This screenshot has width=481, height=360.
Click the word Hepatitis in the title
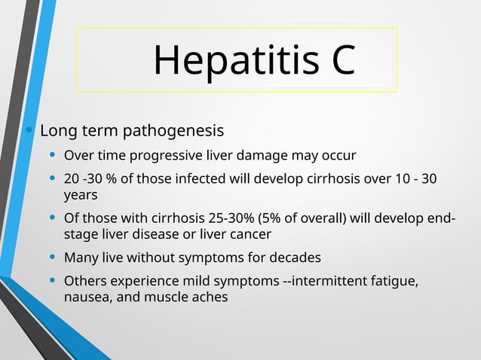tap(224, 60)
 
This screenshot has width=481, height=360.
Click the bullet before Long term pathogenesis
tap(29, 130)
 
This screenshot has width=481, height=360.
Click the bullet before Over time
tap(52, 156)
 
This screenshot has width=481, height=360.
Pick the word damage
tap(264, 156)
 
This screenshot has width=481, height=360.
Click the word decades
tap(295, 258)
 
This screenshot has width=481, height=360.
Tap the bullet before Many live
tap(52, 258)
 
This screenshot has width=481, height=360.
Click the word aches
tap(210, 297)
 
